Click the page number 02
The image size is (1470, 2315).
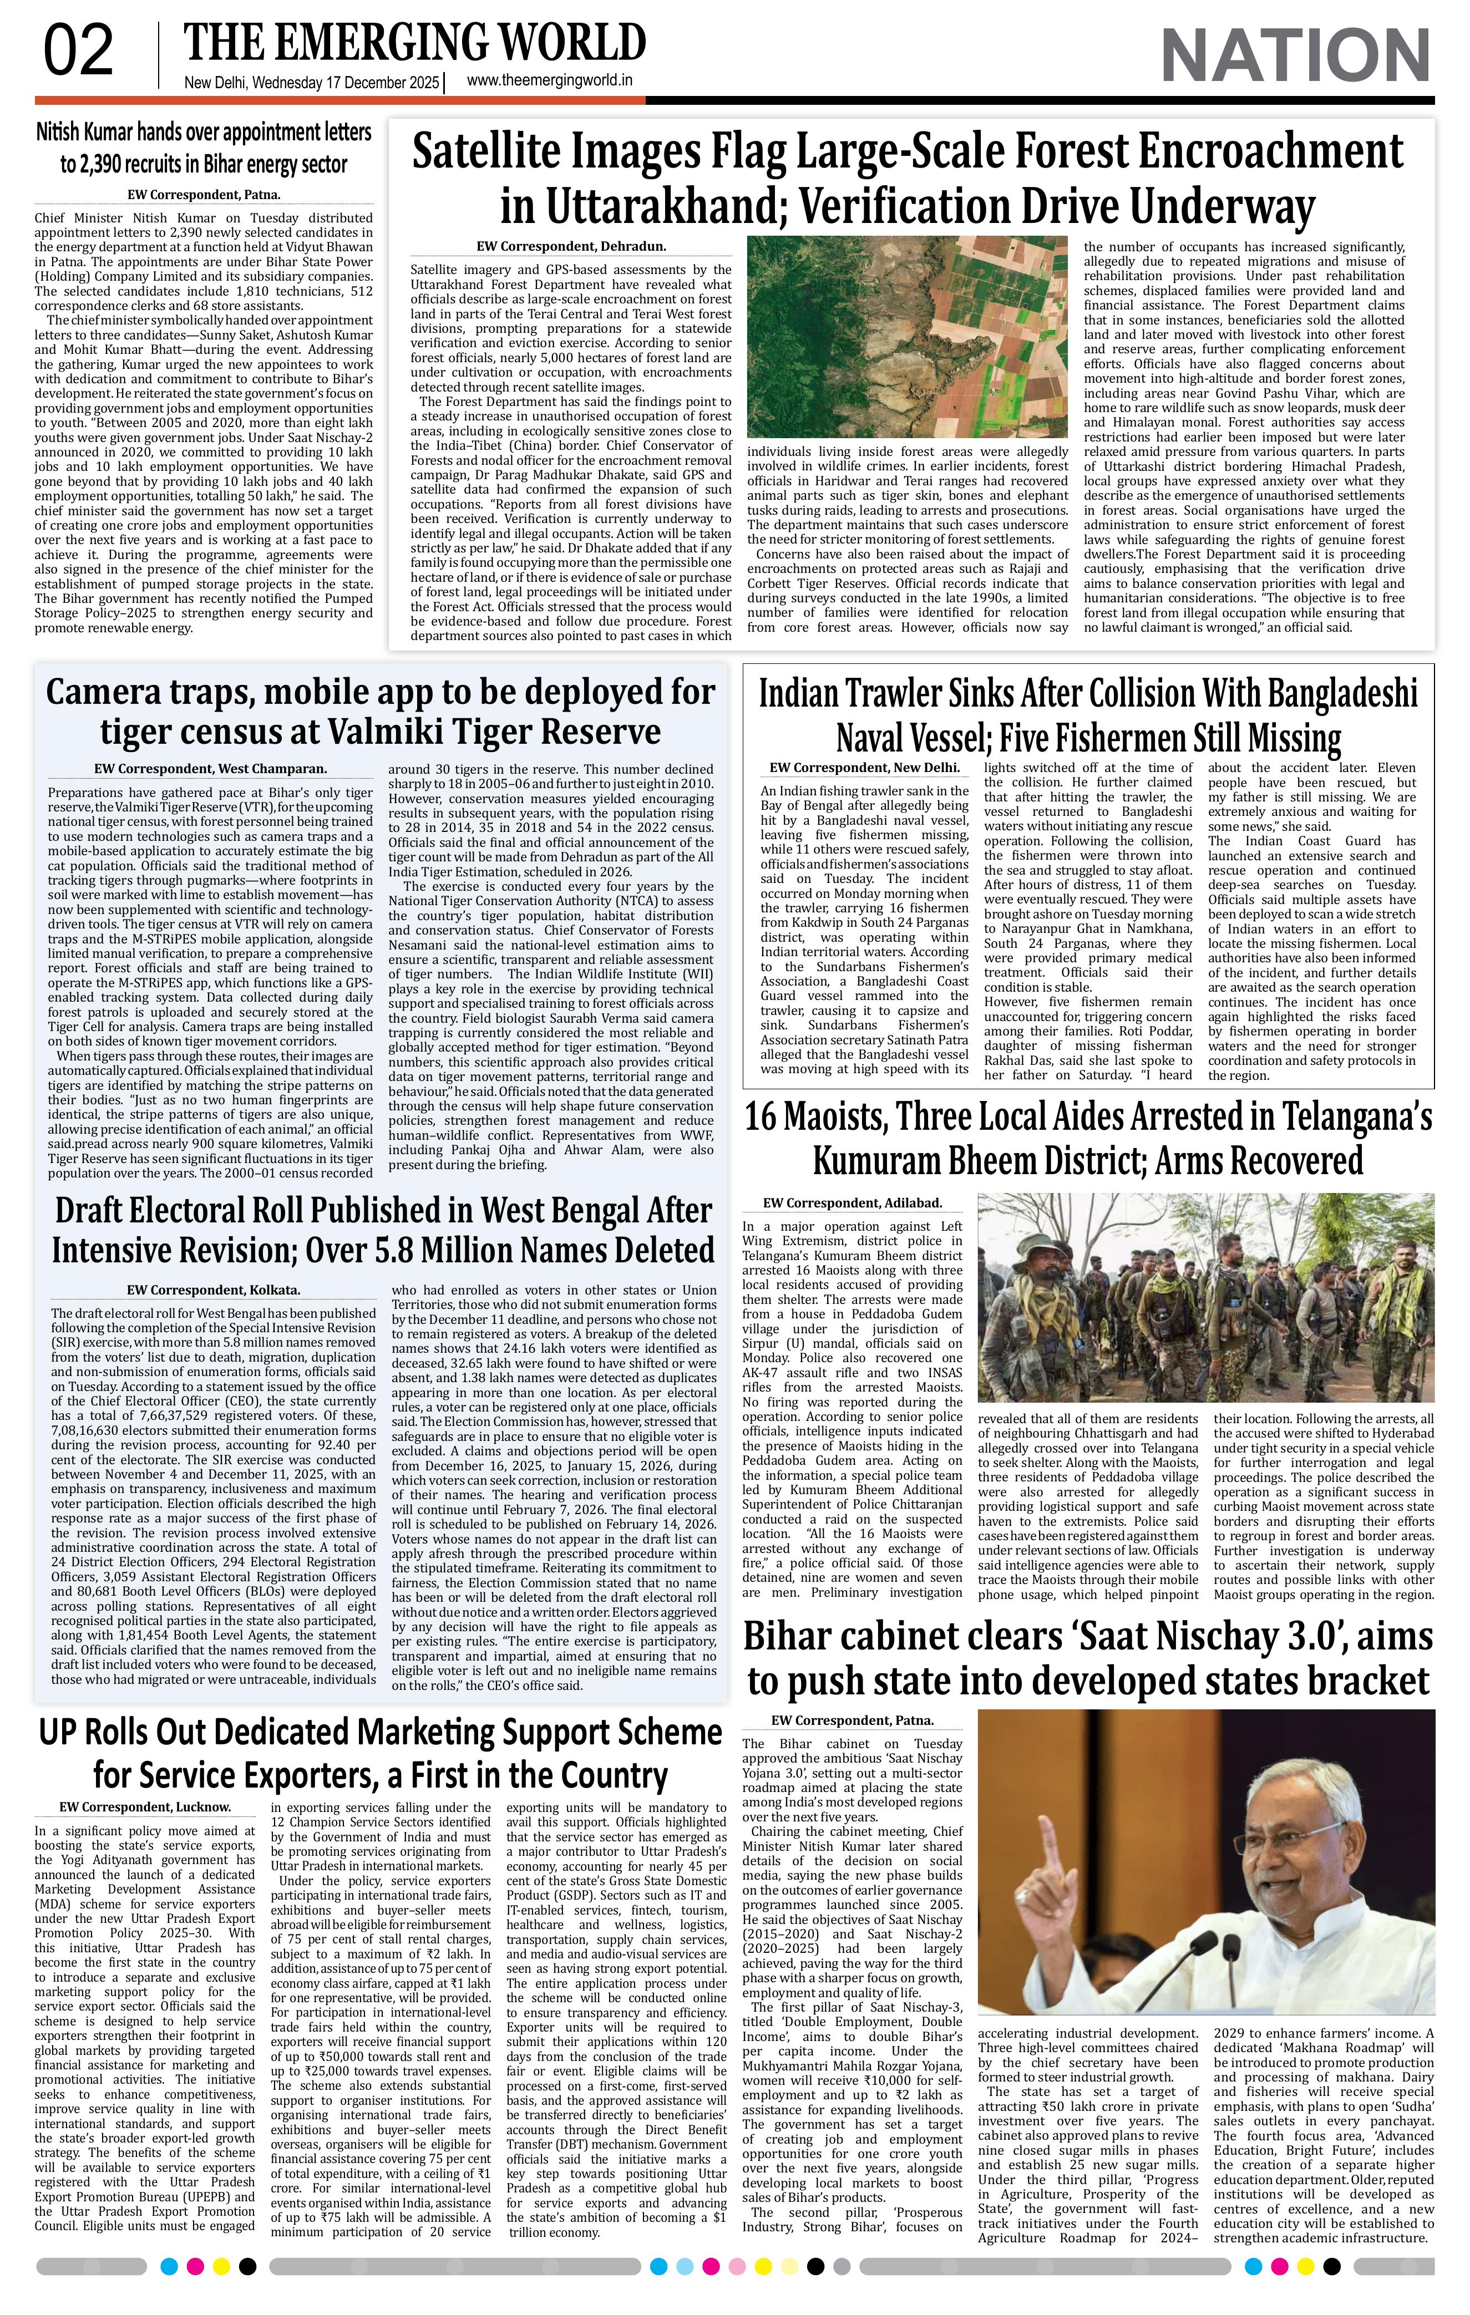pyautogui.click(x=79, y=53)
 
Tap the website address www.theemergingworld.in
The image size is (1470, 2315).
pyautogui.click(x=550, y=81)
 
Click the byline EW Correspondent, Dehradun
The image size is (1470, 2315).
pyautogui.click(x=571, y=247)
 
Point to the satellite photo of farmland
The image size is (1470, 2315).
pyautogui.click(x=906, y=337)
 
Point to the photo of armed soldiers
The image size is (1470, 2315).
pyautogui.click(x=1205, y=1298)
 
